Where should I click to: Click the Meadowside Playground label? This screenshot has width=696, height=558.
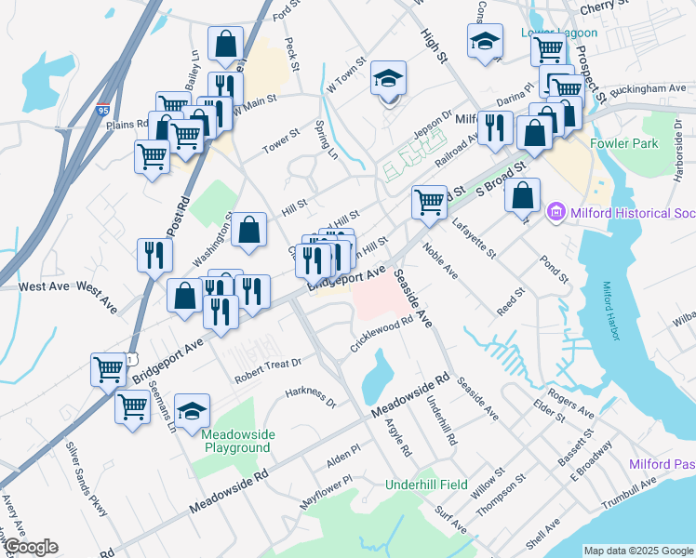237,441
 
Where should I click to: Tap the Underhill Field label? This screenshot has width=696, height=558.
428,485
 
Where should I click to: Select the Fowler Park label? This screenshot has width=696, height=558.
623,143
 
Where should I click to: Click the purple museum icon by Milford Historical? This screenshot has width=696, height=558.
557,213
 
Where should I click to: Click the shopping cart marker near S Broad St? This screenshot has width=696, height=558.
429,200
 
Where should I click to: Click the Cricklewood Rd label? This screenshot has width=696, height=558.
381,332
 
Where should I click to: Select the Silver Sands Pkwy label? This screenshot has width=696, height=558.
87,477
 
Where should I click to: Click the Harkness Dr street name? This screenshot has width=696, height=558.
310,397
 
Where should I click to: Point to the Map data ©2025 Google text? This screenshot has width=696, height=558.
638,551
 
